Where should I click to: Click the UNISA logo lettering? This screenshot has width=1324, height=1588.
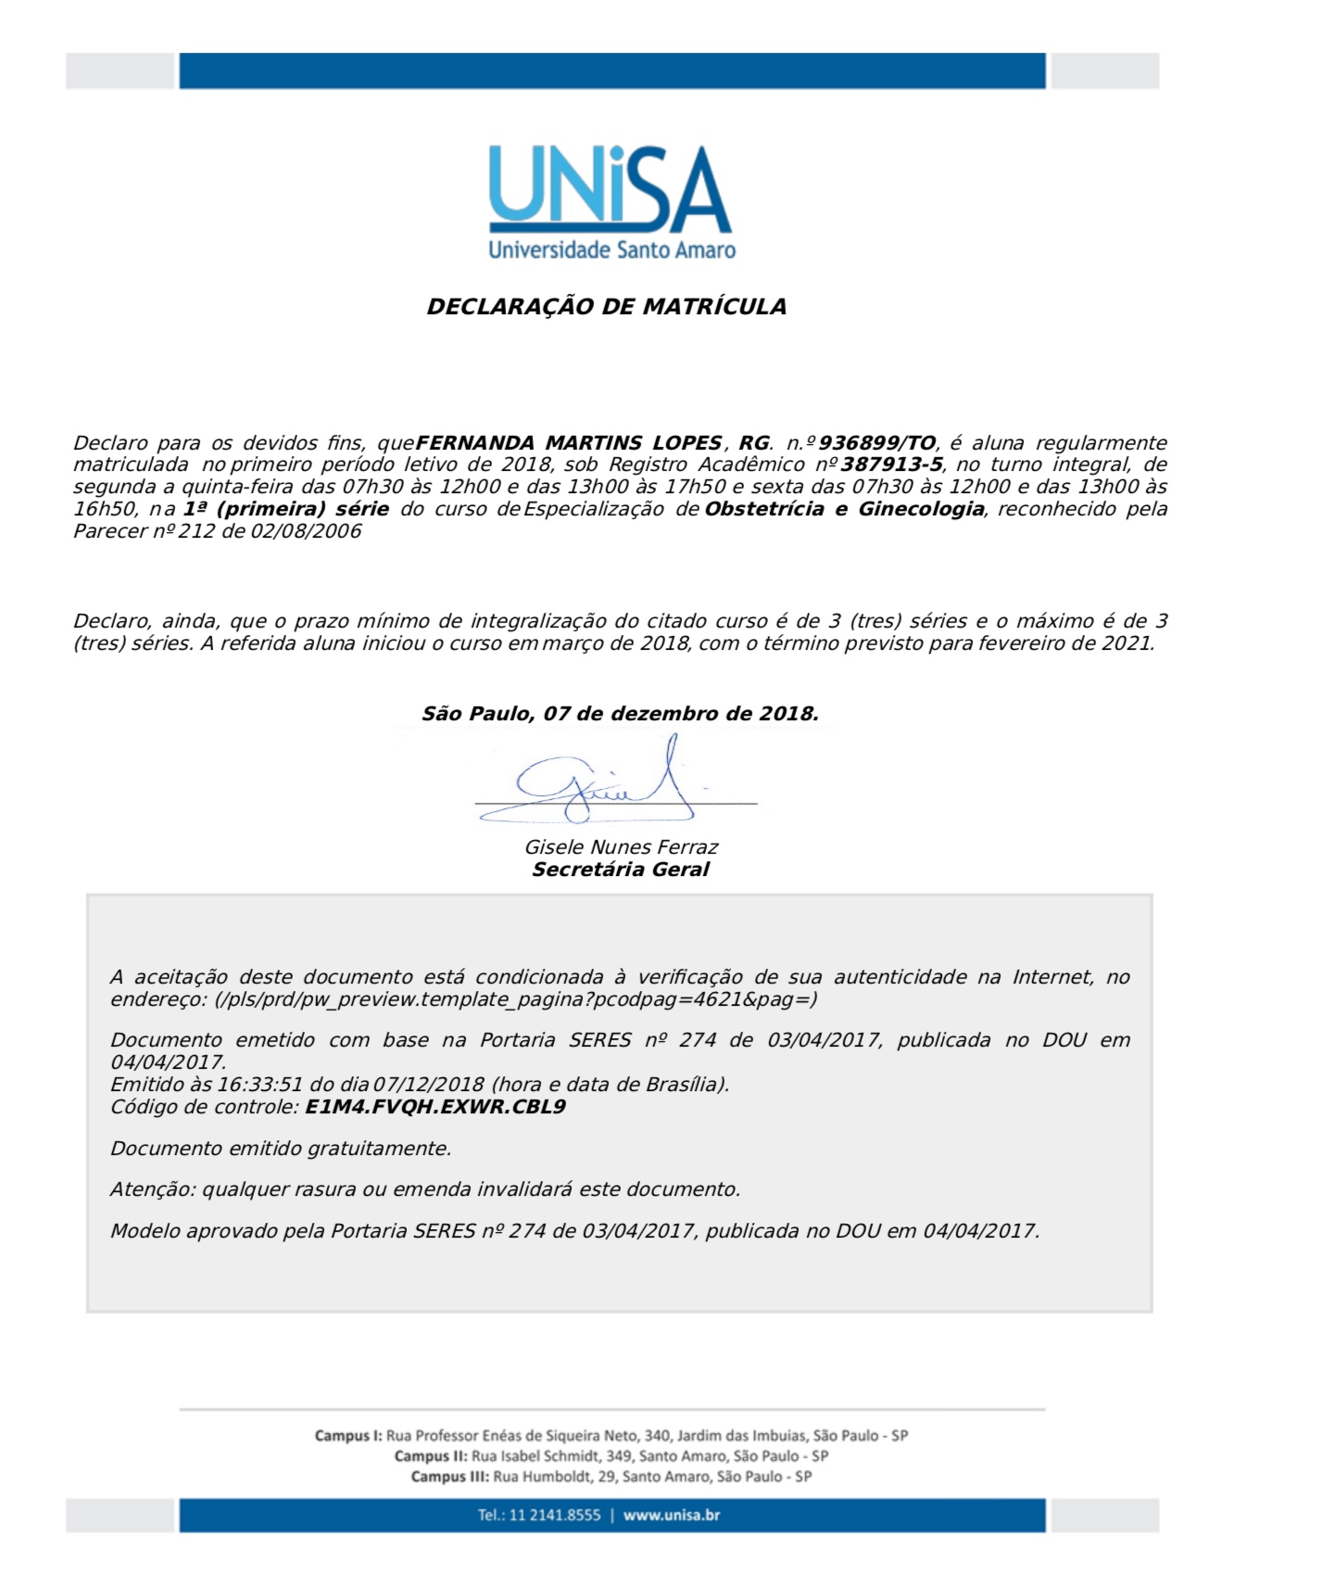point(610,188)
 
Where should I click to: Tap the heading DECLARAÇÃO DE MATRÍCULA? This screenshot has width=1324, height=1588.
point(606,307)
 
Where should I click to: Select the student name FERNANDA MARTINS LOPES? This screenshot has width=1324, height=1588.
point(568,443)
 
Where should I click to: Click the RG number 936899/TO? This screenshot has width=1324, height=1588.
point(876,443)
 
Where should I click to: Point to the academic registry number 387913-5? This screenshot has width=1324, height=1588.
point(891,464)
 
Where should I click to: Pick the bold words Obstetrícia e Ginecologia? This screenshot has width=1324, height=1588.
point(844,509)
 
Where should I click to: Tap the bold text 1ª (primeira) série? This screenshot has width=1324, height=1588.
point(285,509)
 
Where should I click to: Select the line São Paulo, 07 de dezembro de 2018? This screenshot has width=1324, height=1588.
point(620,714)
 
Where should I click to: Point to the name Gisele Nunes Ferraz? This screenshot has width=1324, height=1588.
point(621,847)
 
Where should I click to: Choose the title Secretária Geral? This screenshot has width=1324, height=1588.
point(620,870)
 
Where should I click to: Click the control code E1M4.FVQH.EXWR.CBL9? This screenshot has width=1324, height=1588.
point(435,1107)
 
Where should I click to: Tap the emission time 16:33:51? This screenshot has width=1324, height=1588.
point(259,1085)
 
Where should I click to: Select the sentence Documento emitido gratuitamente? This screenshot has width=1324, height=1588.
point(281,1149)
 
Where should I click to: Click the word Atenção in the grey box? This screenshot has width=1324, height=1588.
point(152,1189)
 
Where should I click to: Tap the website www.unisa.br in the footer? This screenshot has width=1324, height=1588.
point(671,1516)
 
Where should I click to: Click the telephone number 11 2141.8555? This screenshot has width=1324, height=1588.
point(554,1516)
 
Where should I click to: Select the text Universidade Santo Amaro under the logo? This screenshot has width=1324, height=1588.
point(612,249)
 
